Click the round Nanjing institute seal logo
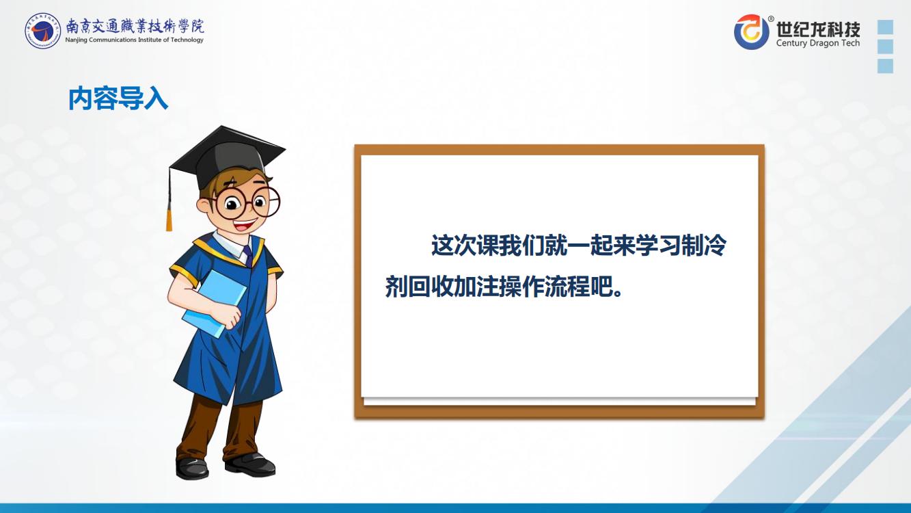42,31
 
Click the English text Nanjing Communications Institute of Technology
134,40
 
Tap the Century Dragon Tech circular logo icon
752,31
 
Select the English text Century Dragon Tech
818,42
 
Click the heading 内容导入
118,98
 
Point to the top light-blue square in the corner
885,27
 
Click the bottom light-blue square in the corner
885,66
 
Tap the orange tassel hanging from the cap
169,219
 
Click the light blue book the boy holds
215,303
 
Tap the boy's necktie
247,256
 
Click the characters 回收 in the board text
431,287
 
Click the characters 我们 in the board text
521,246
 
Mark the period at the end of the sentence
618,293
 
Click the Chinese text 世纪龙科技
818,29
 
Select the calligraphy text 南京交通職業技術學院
135,26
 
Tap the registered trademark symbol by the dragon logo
771,18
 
